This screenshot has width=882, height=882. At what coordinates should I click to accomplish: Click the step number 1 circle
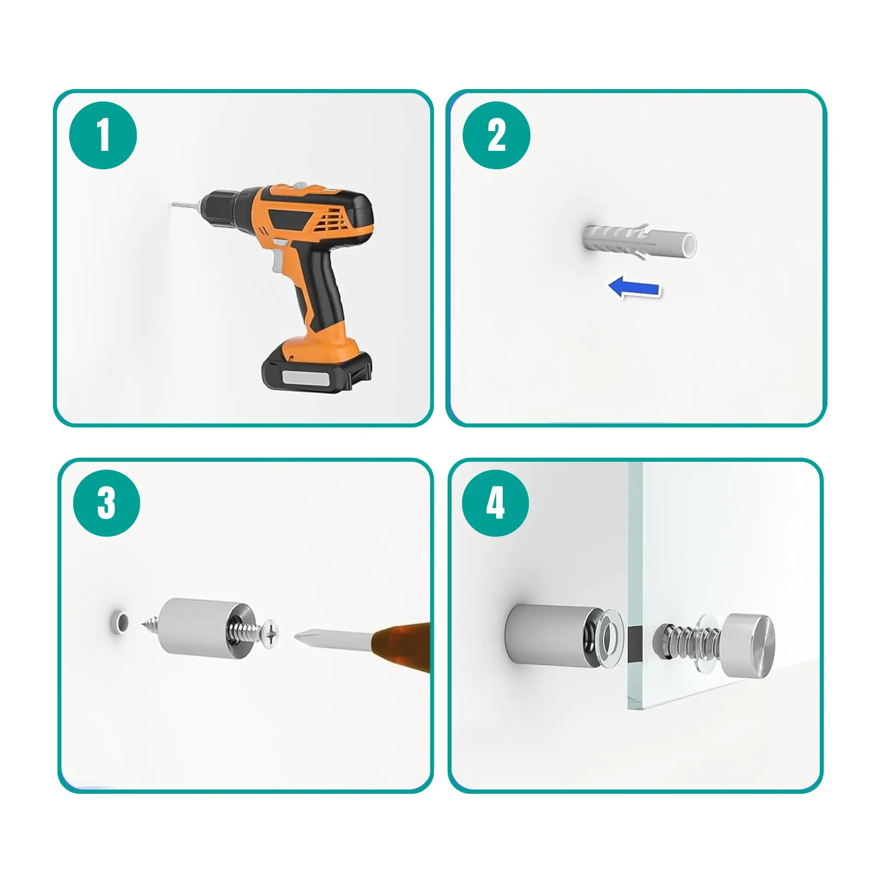103,135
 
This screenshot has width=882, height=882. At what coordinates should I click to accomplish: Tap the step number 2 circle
496,135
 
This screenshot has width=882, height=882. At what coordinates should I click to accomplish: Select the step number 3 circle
106,503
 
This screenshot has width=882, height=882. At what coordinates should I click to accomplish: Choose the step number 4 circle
495,503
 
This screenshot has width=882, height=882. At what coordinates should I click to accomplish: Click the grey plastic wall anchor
639,241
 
